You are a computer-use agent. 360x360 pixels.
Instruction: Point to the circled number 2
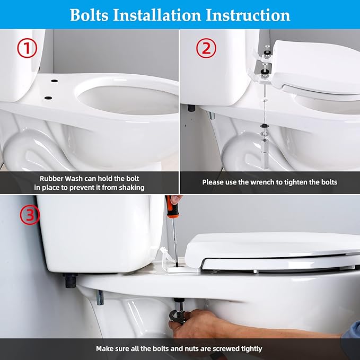coord(206,49)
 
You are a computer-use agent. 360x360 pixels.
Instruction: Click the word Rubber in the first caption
coord(52,178)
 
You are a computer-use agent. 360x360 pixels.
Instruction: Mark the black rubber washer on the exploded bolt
coord(264,126)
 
